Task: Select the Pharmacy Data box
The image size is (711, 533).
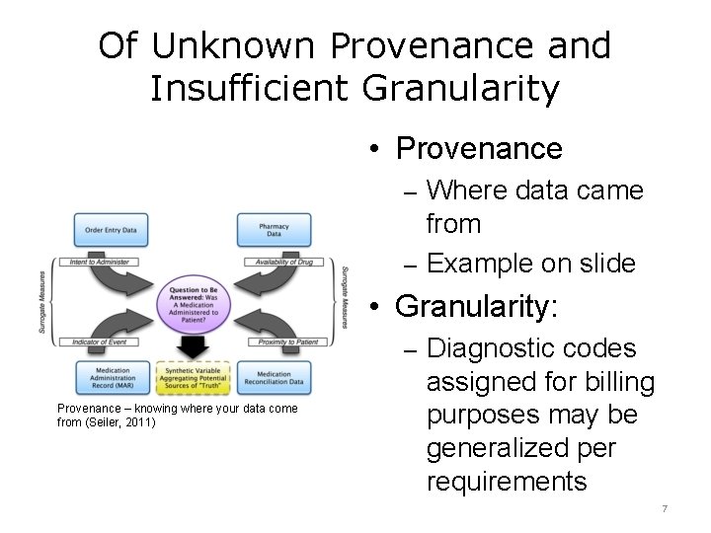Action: pos(274,230)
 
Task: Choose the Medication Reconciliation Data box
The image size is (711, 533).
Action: pos(274,378)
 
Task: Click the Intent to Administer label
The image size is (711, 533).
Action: pos(103,261)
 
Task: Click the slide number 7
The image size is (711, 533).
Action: pos(665,509)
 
